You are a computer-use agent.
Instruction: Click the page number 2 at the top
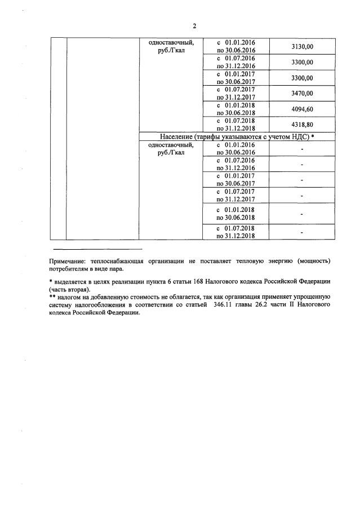(x=194, y=26)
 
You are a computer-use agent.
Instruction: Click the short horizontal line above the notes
(x=97, y=249)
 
